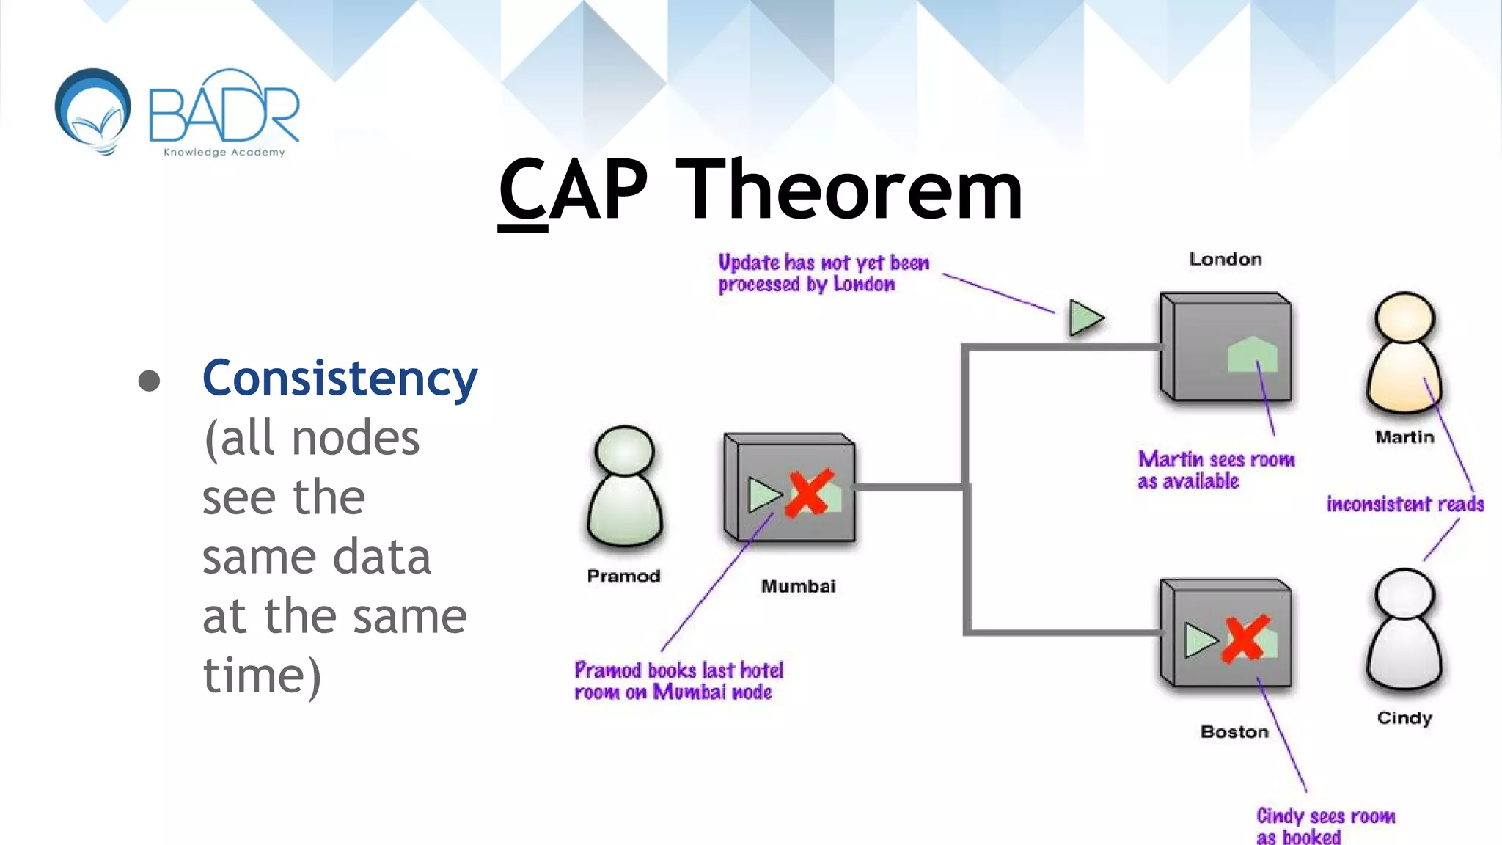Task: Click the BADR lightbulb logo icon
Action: point(93,111)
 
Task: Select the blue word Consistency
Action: point(340,378)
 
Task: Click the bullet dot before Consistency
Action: point(149,380)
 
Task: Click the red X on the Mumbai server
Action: point(808,493)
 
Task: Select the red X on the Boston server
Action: point(1245,638)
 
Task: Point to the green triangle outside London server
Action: point(1085,318)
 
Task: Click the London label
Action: point(1225,259)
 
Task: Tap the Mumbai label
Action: point(798,586)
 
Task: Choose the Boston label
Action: point(1234,731)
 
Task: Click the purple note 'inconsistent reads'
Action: point(1404,504)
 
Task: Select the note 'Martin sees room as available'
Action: point(1215,470)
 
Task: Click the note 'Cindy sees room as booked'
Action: point(1325,826)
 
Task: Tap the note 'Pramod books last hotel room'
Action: point(678,681)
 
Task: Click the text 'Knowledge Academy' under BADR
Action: point(224,153)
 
